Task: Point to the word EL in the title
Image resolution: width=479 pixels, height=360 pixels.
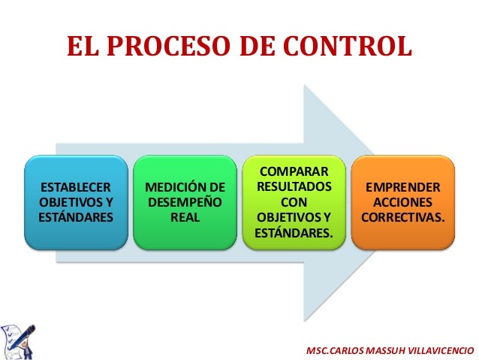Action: pos(83,47)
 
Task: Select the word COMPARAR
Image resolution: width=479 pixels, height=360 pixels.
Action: pos(294,172)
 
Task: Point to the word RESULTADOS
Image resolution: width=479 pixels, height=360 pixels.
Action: pos(294,187)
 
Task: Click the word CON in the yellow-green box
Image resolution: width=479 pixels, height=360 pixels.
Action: pos(294,202)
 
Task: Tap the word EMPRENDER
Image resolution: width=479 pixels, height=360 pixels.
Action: pos(402,187)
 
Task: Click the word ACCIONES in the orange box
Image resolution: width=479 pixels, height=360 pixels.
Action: pos(402,202)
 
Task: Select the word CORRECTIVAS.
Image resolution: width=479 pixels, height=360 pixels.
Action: pos(402,217)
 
